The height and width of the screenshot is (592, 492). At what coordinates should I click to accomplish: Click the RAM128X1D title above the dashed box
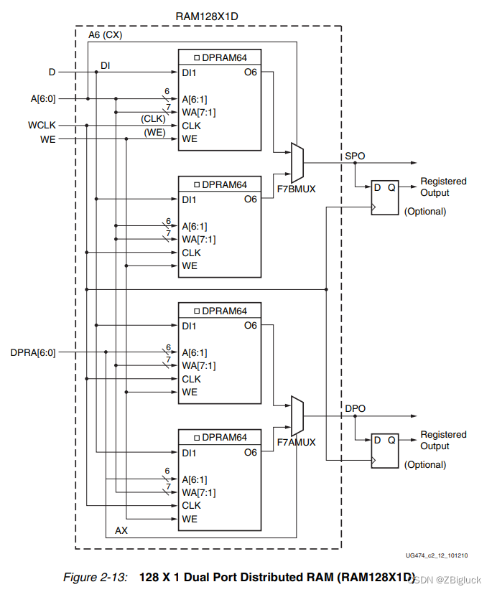[x=208, y=16]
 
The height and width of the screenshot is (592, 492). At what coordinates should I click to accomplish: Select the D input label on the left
[x=52, y=72]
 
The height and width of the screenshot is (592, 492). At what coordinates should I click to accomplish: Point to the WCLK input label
[x=41, y=126]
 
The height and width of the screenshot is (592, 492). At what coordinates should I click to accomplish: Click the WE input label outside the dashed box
[x=47, y=138]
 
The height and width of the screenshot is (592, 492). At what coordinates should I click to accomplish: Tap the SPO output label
[x=355, y=155]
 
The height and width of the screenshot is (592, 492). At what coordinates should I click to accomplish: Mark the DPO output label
[x=355, y=408]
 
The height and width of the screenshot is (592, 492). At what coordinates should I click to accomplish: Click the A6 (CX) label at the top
[x=105, y=35]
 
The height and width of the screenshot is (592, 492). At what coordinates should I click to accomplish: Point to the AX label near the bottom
[x=121, y=530]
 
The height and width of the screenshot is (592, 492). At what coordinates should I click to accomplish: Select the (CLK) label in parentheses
[x=154, y=118]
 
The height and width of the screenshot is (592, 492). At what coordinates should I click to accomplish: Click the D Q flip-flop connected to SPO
[x=382, y=197]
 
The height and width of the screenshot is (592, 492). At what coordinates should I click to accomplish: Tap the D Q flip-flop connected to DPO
[x=382, y=450]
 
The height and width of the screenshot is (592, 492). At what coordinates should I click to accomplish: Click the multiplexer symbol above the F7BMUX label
[x=297, y=163]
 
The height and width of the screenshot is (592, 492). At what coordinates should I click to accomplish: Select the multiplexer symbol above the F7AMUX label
[x=297, y=415]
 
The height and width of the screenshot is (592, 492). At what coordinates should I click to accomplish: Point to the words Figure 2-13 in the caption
[x=94, y=577]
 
